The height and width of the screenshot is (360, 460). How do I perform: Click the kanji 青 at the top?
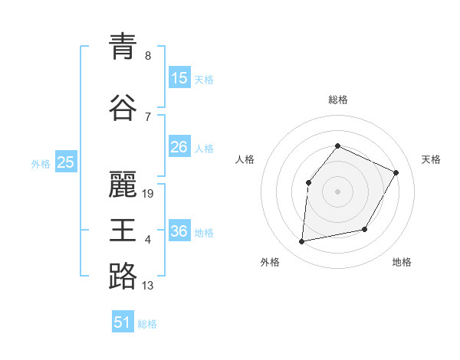[x=123, y=47]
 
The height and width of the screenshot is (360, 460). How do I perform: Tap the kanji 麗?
[x=123, y=183]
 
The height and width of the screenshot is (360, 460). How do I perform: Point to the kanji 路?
[x=123, y=275]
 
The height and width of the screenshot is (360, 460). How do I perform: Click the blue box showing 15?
[x=179, y=78]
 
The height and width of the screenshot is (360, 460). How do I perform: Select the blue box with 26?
[x=179, y=147]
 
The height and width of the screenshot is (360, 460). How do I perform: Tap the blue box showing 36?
[x=179, y=231]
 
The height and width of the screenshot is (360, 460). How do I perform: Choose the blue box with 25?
[x=66, y=162]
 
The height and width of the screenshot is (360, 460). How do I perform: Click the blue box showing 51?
[x=123, y=322]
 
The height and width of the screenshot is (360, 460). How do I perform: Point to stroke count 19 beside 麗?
[x=148, y=193]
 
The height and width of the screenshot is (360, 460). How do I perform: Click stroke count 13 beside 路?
[x=148, y=286]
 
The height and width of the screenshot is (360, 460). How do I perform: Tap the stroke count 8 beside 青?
[x=148, y=56]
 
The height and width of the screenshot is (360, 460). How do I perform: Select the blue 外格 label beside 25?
[x=41, y=163]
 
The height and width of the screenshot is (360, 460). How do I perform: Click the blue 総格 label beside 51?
[x=147, y=324]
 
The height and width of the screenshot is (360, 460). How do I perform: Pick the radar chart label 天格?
[x=431, y=159]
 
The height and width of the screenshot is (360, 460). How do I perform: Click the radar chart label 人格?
[x=245, y=159]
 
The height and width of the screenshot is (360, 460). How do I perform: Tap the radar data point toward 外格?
[x=302, y=242]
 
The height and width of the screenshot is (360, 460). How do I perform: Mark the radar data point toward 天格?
[x=396, y=172]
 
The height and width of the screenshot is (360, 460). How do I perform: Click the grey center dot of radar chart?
[x=337, y=191]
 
